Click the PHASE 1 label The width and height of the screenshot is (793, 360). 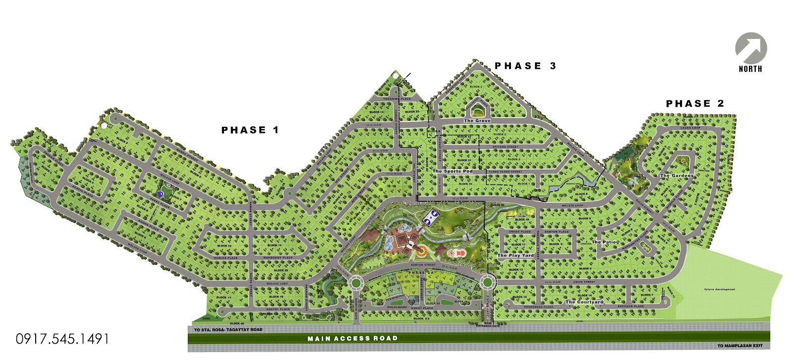click(x=250, y=130)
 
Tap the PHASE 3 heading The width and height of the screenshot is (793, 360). click(x=525, y=66)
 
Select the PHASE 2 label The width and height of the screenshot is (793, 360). click(x=695, y=104)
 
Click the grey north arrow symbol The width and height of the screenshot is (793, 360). click(x=751, y=49)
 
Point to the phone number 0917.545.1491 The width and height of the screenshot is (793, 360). click(x=62, y=339)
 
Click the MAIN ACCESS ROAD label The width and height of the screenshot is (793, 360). click(x=352, y=339)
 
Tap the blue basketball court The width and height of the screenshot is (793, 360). click(x=430, y=217)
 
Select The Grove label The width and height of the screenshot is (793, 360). click(x=477, y=120)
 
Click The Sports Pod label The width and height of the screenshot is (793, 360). click(x=453, y=172)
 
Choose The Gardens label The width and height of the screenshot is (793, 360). click(x=677, y=176)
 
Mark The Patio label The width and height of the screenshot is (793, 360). click(x=604, y=242)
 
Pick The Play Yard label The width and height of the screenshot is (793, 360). click(x=515, y=255)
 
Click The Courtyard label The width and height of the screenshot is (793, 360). click(x=584, y=301)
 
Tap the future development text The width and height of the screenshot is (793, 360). click(x=720, y=290)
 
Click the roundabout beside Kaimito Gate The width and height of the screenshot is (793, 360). click(x=355, y=283)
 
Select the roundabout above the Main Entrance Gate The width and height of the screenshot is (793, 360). click(x=487, y=283)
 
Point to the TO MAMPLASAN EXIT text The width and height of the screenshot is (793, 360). click(x=740, y=346)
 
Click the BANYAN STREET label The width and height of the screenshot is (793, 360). click(x=423, y=265)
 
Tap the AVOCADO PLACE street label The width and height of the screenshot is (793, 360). click(x=630, y=306)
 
